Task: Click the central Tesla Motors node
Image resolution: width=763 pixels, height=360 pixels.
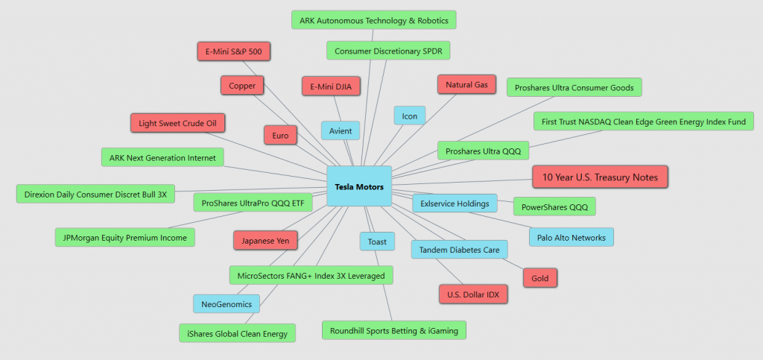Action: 359,186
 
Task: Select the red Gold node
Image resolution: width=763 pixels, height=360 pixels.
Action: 540,278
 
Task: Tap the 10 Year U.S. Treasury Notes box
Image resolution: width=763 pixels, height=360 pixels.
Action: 600,177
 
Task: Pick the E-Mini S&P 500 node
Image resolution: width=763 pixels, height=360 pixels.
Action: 233,51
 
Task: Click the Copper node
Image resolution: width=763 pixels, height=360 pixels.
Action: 242,86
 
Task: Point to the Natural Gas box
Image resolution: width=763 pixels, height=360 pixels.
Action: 466,85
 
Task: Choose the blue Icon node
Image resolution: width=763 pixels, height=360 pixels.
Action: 410,115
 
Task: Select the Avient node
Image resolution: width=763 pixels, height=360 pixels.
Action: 341,131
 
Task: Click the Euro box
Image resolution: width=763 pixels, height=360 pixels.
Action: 280,135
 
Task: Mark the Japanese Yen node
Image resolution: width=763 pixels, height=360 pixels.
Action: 265,241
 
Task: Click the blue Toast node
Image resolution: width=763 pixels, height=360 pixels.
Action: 377,241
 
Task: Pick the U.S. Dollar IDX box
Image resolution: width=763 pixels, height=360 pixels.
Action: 473,294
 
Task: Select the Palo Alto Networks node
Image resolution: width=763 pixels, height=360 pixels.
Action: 572,237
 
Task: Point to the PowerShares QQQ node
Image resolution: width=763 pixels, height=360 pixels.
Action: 554,206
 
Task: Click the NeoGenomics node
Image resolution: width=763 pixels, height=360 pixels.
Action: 227,303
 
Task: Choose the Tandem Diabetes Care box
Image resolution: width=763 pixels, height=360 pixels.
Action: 460,250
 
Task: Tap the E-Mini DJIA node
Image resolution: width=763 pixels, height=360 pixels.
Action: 331,86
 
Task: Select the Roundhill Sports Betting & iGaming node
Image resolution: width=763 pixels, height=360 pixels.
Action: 394,329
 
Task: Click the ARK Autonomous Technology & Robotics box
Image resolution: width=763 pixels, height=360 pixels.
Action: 373,19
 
